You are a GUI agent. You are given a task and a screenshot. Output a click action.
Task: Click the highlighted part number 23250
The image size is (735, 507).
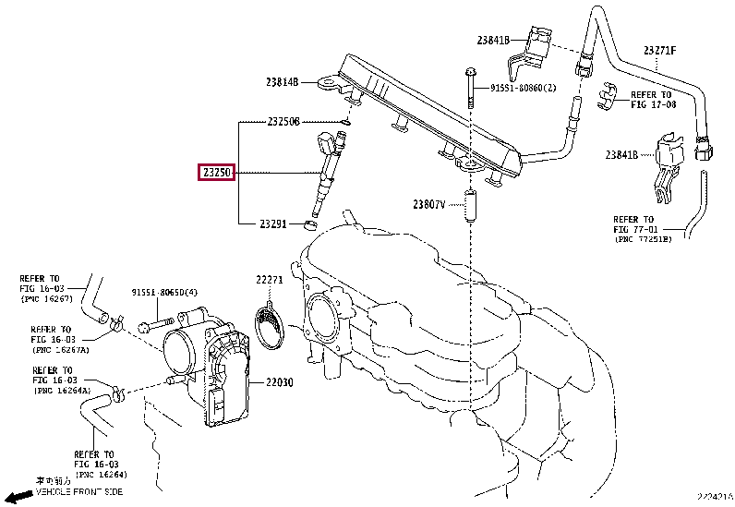217,172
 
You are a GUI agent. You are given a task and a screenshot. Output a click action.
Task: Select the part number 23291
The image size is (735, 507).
273,223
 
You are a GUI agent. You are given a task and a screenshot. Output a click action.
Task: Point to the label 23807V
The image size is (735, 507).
429,203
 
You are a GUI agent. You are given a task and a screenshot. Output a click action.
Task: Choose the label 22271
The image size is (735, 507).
270,280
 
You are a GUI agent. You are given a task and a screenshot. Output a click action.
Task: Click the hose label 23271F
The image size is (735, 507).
660,51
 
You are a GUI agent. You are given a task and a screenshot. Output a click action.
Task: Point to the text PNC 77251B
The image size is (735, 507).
644,239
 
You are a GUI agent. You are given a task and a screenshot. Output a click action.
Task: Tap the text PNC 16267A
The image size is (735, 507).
60,350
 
